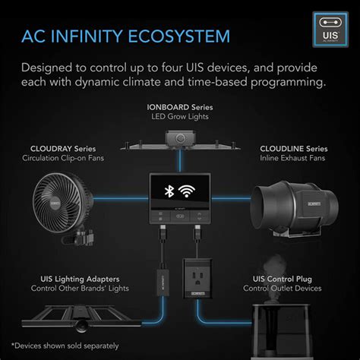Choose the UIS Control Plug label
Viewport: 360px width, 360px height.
coord(287,278)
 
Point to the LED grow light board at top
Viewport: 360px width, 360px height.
coord(179,140)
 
